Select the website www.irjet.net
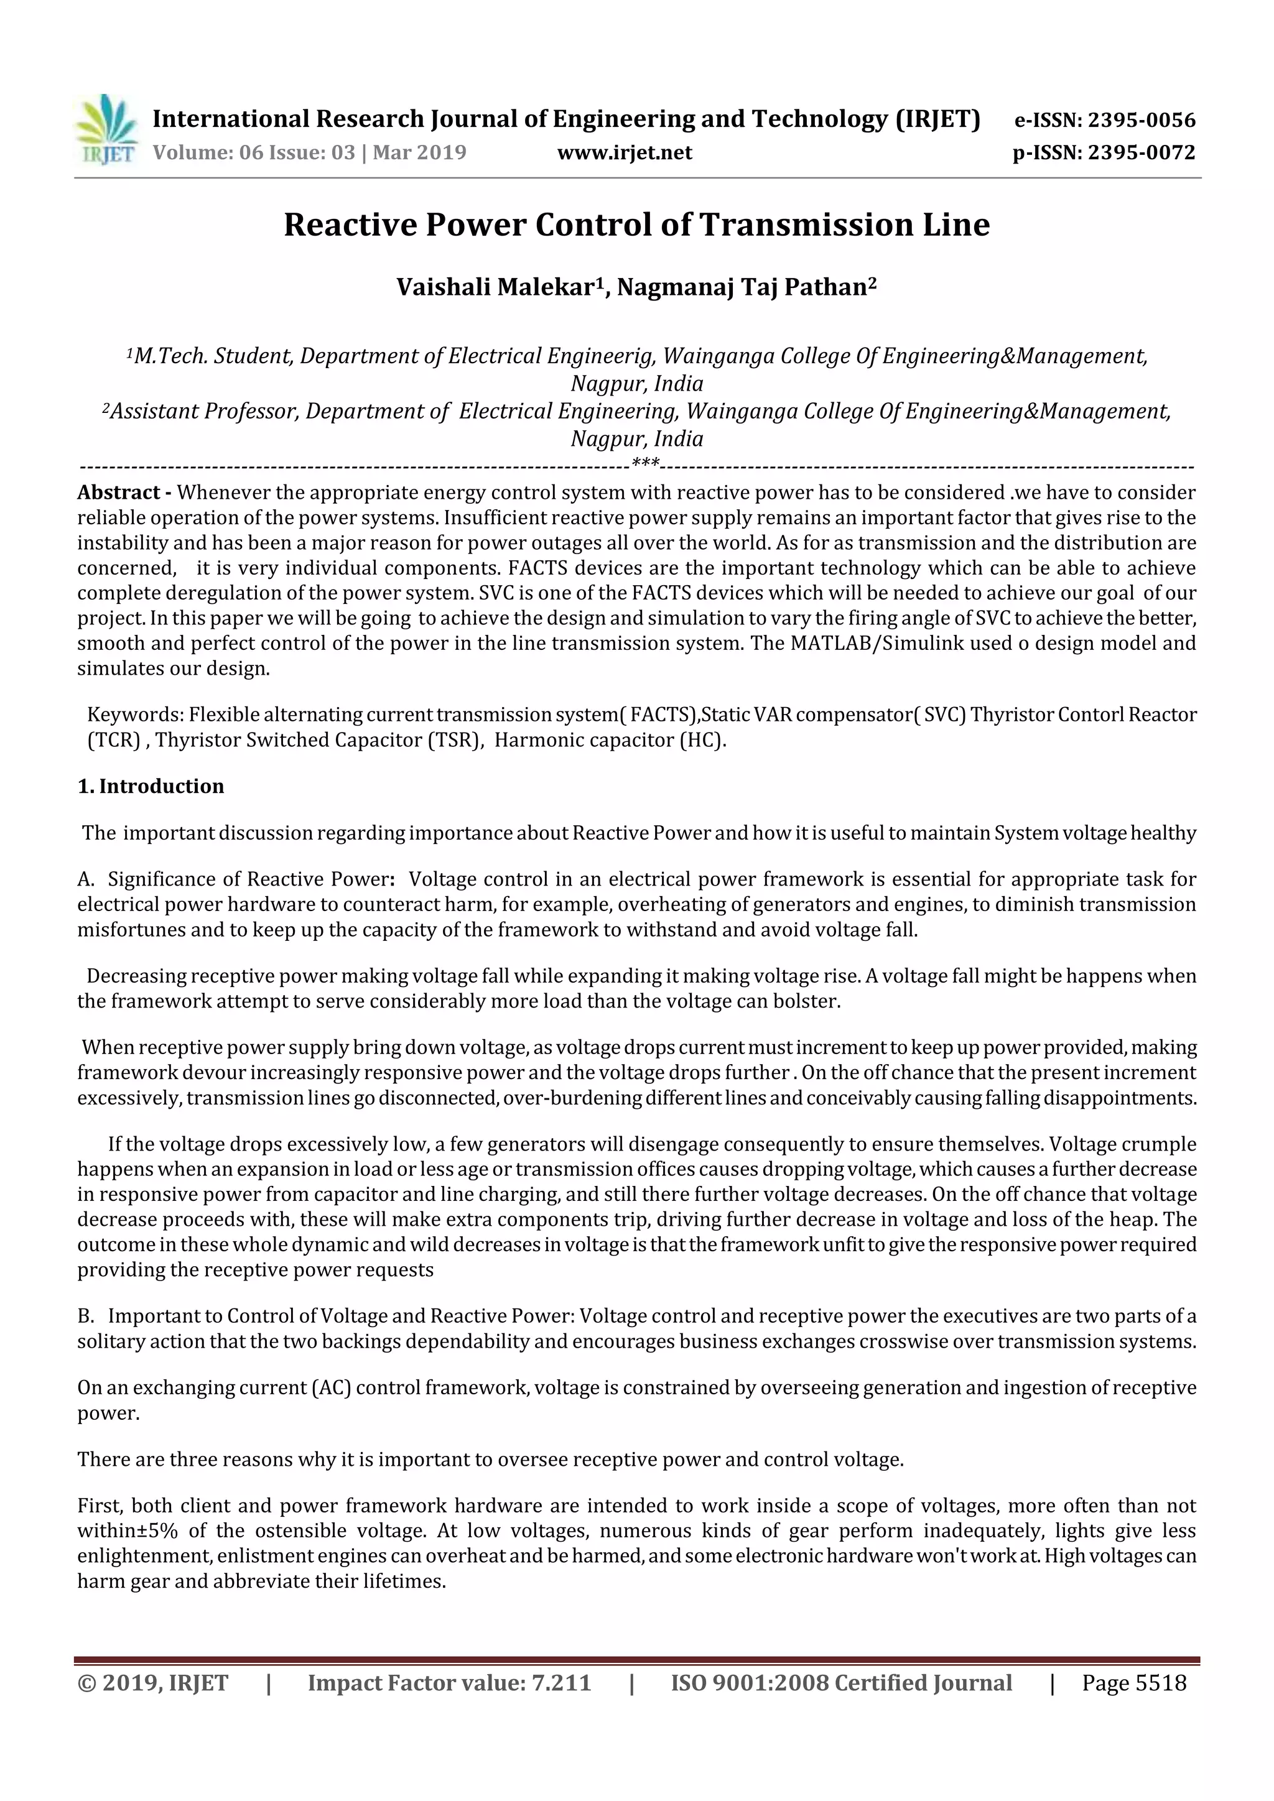tap(625, 152)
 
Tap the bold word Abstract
tap(118, 493)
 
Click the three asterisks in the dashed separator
tap(645, 463)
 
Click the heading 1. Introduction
tap(151, 786)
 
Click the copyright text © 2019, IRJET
tap(153, 1683)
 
